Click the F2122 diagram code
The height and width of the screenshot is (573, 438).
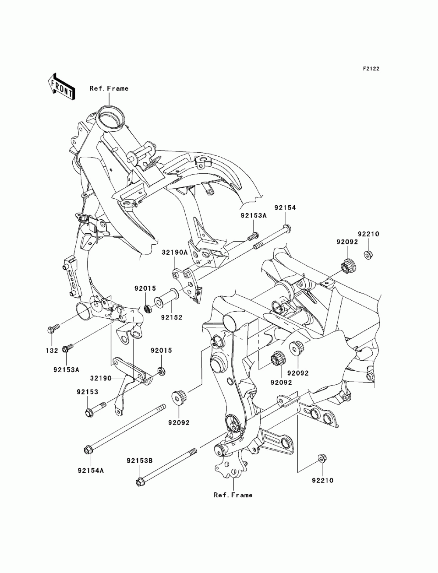tap(371, 69)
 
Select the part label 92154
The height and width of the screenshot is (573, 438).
tap(285, 208)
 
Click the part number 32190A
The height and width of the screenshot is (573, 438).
tap(175, 253)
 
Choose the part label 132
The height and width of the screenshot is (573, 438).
tap(52, 350)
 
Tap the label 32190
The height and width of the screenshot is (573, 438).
tap(101, 378)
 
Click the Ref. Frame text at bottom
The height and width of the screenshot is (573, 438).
tap(233, 495)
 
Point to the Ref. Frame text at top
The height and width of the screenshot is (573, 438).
tap(109, 88)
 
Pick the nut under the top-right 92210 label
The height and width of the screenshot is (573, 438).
tap(368, 253)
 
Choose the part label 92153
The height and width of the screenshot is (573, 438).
tap(88, 392)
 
